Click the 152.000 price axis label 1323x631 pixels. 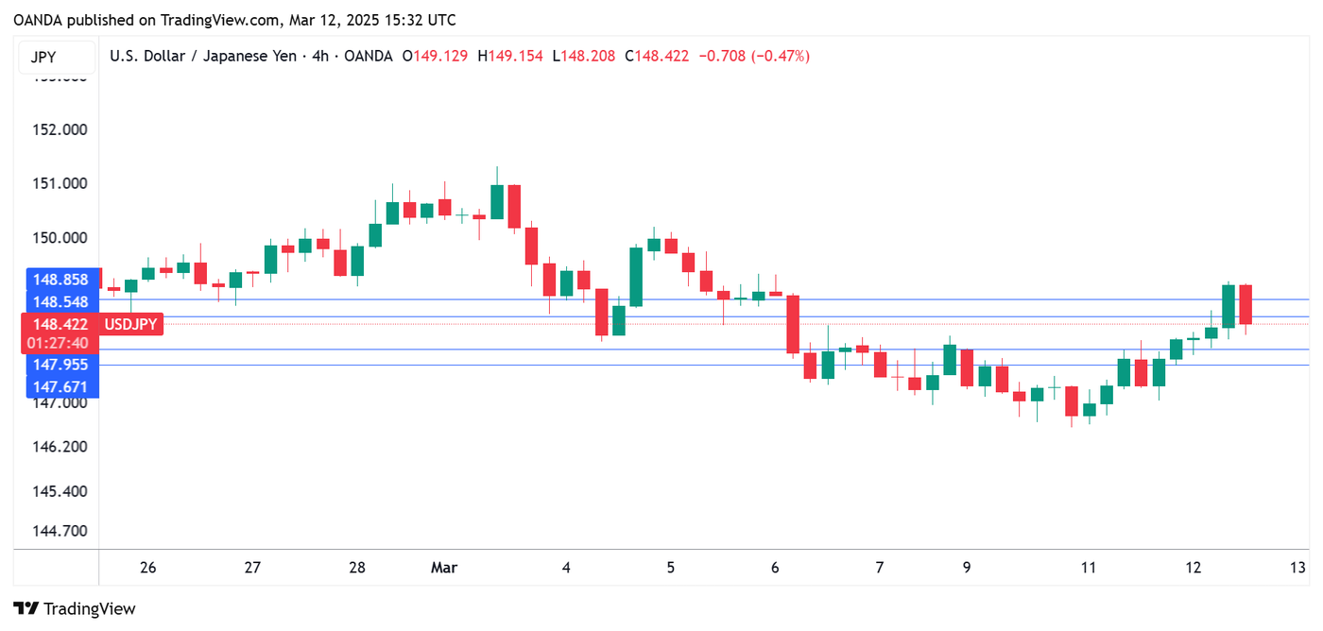(x=60, y=129)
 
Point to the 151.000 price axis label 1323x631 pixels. (x=60, y=183)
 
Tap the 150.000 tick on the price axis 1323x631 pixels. (x=60, y=237)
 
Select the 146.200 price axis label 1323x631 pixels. (x=60, y=446)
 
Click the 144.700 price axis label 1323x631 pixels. (x=60, y=530)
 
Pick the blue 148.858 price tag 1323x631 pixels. (x=60, y=280)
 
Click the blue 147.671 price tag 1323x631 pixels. (x=60, y=386)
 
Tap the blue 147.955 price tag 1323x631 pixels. (x=60, y=365)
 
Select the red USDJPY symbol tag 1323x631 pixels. (x=130, y=324)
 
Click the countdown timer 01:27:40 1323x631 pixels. (x=60, y=343)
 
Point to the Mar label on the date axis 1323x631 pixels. (x=443, y=568)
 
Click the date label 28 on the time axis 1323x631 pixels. (x=357, y=568)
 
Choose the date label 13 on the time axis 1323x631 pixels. (x=1298, y=568)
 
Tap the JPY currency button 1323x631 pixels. (x=43, y=57)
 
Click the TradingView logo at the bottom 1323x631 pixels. (x=75, y=609)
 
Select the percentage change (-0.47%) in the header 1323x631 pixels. (x=779, y=56)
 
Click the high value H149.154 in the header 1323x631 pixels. (x=510, y=56)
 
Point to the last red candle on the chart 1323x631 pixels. (x=1246, y=304)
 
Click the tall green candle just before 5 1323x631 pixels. (x=636, y=277)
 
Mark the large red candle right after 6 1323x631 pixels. (x=793, y=324)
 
